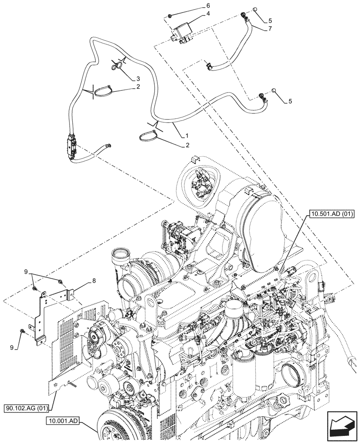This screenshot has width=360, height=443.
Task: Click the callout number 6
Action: tap(208, 6)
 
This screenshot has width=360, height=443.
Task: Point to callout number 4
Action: tap(207, 14)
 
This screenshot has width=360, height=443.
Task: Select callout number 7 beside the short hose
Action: tap(270, 29)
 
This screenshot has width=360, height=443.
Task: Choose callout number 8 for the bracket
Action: tap(94, 280)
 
